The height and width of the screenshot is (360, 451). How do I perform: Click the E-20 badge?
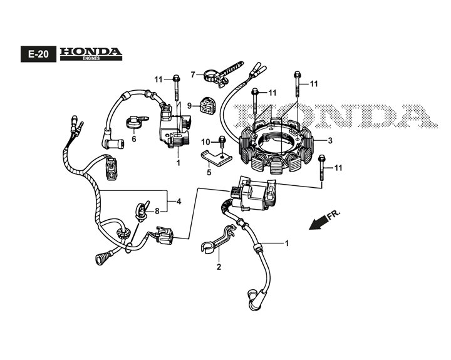coord(35,54)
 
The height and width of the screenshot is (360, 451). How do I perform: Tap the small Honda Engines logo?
coord(90,54)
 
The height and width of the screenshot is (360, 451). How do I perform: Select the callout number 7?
coord(194,74)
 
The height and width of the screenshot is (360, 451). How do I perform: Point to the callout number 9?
coord(190,106)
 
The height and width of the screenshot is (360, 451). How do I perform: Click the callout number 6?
coord(133,139)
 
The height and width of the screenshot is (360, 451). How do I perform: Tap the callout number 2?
coord(219,267)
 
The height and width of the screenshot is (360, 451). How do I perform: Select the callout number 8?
coord(158,210)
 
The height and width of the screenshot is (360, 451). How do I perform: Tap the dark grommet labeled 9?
coord(206,106)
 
